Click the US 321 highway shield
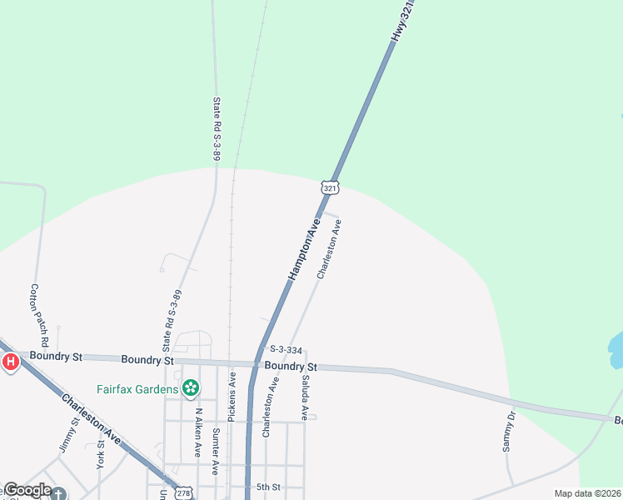pos(331,189)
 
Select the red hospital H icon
pos(10,362)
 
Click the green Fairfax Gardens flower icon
pos(191,387)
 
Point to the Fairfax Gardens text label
pos(137,388)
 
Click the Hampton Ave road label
pos(304,249)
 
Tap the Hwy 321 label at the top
pos(402,22)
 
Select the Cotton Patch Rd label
pos(38,316)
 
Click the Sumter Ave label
pos(215,451)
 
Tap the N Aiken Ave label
pos(198,432)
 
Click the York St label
pos(102,453)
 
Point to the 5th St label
pos(268,487)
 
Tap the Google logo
pos(27,491)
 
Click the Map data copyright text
pos(587,493)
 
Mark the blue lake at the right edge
pos(616,350)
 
